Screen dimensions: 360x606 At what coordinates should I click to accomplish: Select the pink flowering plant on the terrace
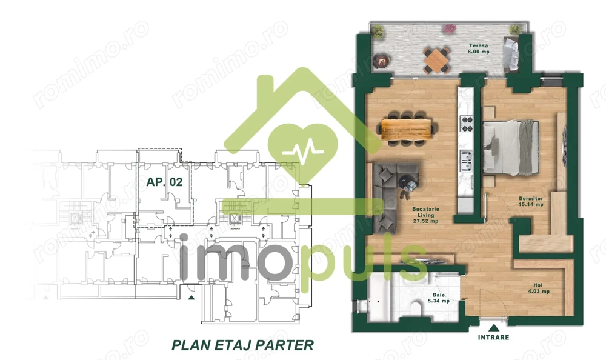click(x=449, y=28)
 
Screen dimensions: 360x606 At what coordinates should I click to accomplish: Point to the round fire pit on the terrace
click(x=382, y=59)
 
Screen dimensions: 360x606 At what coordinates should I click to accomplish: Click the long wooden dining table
click(x=408, y=128)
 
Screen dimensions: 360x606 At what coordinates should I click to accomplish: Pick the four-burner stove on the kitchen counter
click(x=467, y=124)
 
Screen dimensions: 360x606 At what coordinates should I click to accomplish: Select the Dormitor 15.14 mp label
click(x=531, y=201)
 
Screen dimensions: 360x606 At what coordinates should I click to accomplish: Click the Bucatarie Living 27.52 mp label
click(x=425, y=215)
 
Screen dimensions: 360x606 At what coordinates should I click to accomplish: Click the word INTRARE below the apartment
click(x=494, y=337)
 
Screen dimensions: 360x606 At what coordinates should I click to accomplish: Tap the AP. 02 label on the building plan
click(x=164, y=181)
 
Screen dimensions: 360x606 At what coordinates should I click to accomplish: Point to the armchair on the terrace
click(x=510, y=53)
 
